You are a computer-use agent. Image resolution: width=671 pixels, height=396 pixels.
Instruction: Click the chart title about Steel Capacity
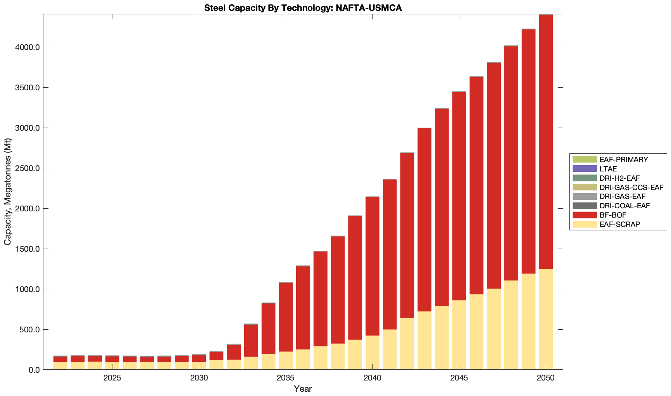point(303,8)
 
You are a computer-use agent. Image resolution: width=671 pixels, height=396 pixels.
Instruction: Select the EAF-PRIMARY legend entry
point(623,159)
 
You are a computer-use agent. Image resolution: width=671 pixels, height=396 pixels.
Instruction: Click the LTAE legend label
point(608,169)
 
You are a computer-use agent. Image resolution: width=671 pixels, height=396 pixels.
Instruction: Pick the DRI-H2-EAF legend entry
point(619,178)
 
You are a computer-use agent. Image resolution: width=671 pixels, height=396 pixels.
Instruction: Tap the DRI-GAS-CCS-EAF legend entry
point(631,187)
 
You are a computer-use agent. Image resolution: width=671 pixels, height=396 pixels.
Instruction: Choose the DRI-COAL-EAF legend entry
point(624,206)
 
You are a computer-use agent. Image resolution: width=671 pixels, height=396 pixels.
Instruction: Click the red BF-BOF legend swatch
point(585,215)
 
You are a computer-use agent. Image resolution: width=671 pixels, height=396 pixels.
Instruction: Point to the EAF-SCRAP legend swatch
point(585,224)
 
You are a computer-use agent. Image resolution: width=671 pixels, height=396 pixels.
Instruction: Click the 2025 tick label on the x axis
point(112,378)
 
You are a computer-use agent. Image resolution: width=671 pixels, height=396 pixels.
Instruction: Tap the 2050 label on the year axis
point(546,378)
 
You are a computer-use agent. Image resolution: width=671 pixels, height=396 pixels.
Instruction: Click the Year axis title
point(303,389)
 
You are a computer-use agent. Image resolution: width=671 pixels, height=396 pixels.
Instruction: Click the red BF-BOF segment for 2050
point(546,142)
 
